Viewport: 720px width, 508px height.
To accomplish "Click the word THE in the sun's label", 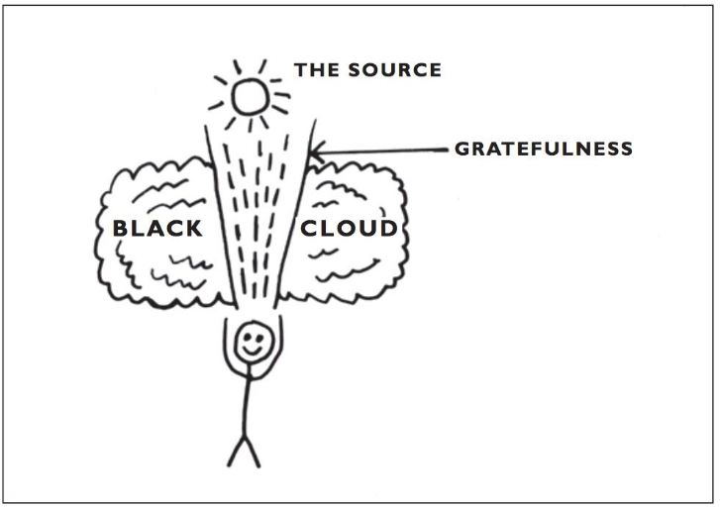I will pyautogui.click(x=315, y=70).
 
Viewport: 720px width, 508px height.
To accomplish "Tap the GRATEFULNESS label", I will pyautogui.click(x=543, y=150).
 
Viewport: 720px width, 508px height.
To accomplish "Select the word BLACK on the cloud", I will pyautogui.click(x=157, y=229).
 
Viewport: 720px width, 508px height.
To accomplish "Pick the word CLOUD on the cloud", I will pyautogui.click(x=349, y=229).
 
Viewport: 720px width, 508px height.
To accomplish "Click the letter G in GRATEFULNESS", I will pyautogui.click(x=462, y=150).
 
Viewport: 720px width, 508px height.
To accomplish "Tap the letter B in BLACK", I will pyautogui.click(x=121, y=229).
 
